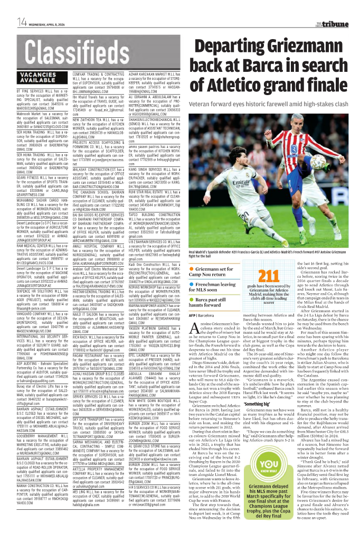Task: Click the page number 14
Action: point(22,22)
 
